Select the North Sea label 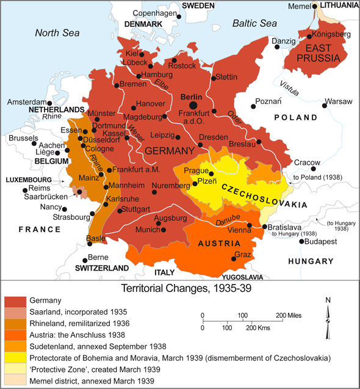click(57, 33)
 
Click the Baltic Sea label click(254, 23)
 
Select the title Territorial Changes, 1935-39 click(179, 286)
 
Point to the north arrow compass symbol click(328, 312)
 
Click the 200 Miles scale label click(290, 315)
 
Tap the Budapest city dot click(300, 241)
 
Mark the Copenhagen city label click(155, 13)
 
